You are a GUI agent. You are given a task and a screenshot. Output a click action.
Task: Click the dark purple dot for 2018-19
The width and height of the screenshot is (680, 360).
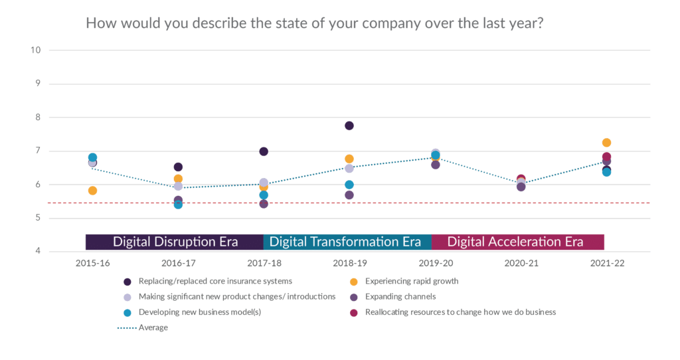coord(349,126)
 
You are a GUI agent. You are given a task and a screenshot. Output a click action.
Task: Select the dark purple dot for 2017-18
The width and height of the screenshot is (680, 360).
coord(264,151)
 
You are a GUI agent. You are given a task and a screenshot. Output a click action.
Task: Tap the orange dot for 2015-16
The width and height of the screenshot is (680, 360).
coord(92,191)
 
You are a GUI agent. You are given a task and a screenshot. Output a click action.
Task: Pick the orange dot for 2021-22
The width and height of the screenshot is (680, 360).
coord(606,142)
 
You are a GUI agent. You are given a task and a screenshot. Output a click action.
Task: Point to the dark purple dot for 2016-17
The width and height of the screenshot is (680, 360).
coord(178,167)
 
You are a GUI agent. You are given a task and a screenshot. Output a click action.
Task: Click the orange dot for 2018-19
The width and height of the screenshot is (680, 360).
coord(349,159)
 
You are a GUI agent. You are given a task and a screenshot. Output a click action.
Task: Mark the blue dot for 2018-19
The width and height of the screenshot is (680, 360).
coord(349,185)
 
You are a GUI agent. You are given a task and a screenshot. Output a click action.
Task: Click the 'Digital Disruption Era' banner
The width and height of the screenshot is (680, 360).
coord(175,241)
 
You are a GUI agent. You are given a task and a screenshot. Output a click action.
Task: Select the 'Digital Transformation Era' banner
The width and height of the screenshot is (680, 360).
coord(345,241)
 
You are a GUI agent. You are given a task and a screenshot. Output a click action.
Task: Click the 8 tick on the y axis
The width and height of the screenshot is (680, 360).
coord(38,117)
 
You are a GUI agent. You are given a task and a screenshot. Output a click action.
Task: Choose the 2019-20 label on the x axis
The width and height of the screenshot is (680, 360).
coord(436,263)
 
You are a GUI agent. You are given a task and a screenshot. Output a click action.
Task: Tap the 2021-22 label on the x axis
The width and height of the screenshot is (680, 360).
coord(606,263)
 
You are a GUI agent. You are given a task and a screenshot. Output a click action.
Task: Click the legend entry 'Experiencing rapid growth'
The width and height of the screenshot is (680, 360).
coord(410,281)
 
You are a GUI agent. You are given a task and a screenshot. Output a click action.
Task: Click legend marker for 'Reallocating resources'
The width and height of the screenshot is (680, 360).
coord(354,312)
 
